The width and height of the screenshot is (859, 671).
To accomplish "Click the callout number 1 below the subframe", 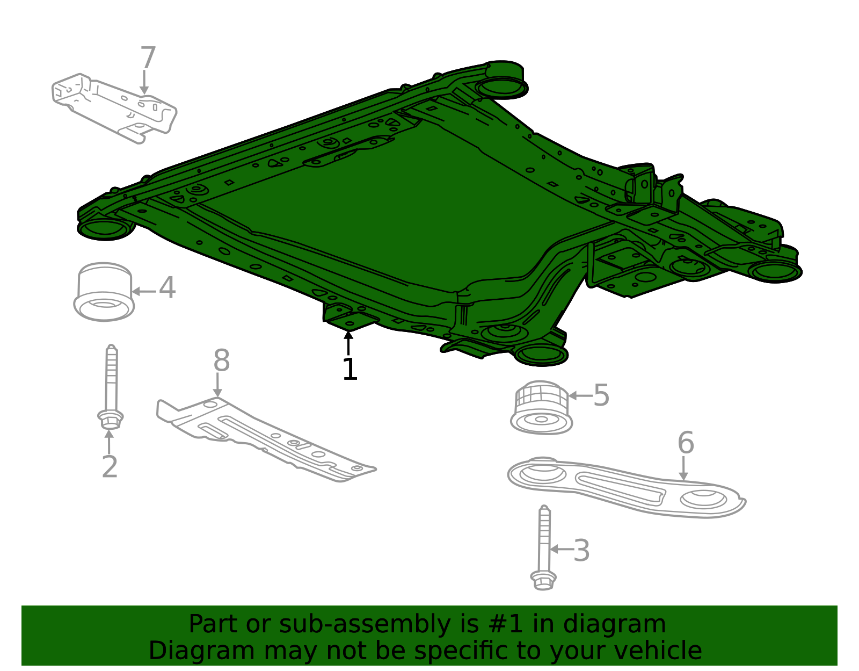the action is (x=350, y=369).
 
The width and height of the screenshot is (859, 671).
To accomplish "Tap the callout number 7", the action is (x=148, y=57).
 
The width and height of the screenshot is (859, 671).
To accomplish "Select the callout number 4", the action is (x=167, y=287).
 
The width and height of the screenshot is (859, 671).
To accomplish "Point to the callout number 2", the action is (x=110, y=466).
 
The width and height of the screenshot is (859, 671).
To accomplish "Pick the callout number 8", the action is (x=221, y=360).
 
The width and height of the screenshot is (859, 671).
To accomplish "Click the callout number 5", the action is (x=601, y=395).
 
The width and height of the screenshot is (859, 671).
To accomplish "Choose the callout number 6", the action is (x=686, y=443).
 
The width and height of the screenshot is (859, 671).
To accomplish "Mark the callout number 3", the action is (x=581, y=550).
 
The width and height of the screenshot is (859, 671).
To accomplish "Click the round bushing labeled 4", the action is (x=104, y=292).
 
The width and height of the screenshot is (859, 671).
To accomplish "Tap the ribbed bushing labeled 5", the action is (x=541, y=408).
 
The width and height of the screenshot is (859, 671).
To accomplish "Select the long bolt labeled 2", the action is (x=111, y=387).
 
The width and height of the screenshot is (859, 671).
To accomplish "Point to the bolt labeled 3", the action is (x=543, y=547).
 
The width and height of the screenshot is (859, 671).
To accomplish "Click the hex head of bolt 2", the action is (x=110, y=420).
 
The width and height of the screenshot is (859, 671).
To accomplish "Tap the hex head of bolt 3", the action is (x=543, y=581).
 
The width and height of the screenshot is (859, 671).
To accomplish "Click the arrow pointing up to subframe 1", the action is (x=348, y=343).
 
